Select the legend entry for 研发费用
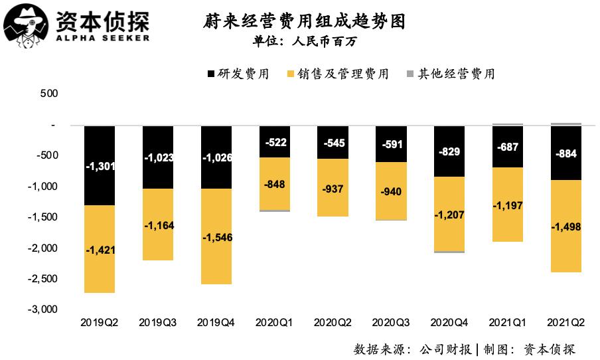[238, 74]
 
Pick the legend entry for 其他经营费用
[449, 74]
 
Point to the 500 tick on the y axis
[50, 94]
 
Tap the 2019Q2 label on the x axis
[100, 323]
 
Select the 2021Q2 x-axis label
[566, 323]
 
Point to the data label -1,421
[100, 250]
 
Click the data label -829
[449, 151]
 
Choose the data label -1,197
[508, 206]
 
